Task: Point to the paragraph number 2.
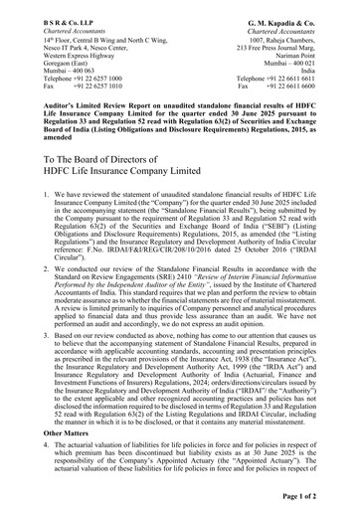pyautogui.click(x=24, y=268)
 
